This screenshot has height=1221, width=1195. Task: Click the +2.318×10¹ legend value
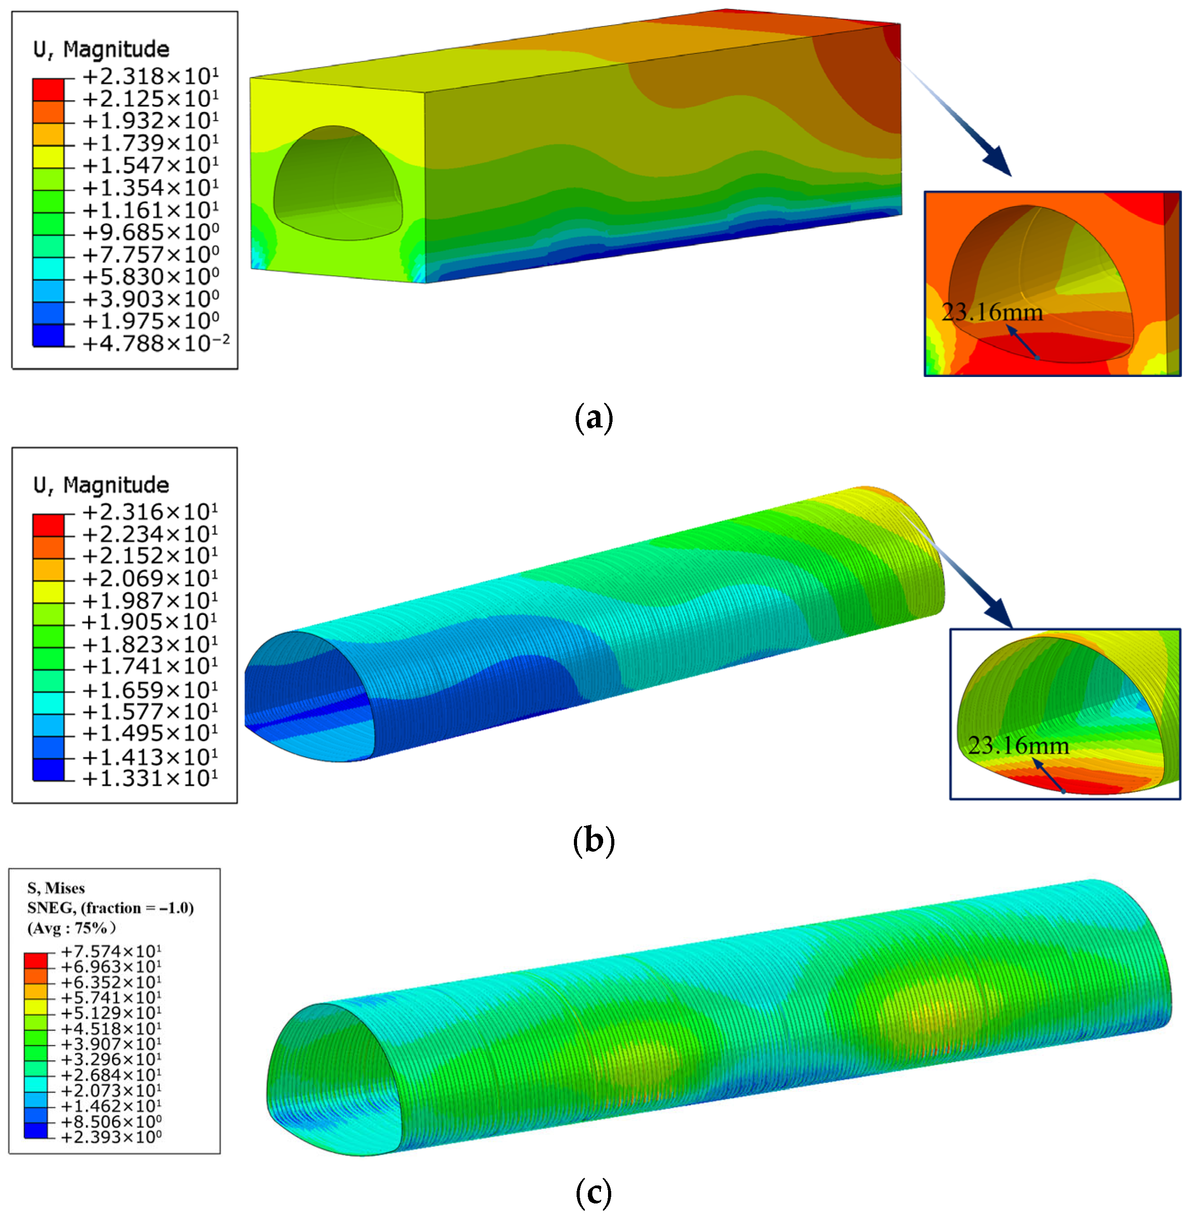[151, 76]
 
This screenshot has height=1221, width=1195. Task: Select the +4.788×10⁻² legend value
[156, 343]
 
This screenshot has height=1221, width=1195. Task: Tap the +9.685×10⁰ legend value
[151, 232]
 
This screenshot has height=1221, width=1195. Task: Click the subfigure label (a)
[594, 417]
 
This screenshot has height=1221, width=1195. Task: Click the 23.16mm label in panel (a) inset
[992, 312]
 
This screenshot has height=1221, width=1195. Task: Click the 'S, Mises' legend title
[56, 888]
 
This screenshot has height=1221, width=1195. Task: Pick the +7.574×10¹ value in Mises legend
[111, 952]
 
